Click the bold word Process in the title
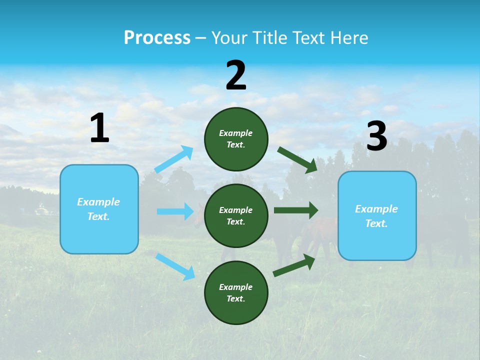pos(157,38)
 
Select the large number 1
pos(99,128)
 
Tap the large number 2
pos(236,75)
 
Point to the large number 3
pos(376,136)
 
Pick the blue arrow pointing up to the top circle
pos(174,159)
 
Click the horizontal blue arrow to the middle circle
pos(175,211)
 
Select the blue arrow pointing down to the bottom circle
pos(175,266)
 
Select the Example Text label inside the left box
pos(98,209)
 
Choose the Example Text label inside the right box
pos(376,216)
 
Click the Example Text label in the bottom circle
pos(236,293)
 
